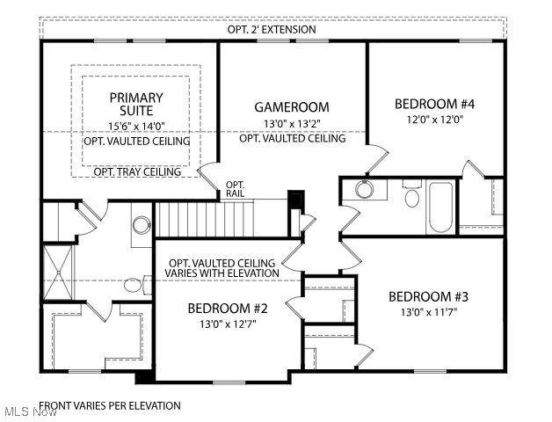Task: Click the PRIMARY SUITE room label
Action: point(136,104)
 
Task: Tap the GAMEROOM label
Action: point(292,107)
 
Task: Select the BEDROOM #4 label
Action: point(434,105)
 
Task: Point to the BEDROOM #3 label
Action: point(428,296)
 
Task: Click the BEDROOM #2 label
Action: point(228,309)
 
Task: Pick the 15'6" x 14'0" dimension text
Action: point(136,126)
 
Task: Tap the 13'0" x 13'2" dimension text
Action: point(292,124)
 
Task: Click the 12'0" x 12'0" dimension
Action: point(434,120)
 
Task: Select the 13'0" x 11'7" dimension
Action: point(428,312)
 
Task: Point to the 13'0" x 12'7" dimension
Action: point(228,324)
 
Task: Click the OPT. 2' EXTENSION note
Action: point(272,30)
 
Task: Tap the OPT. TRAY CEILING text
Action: point(137,172)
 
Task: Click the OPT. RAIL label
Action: point(236,189)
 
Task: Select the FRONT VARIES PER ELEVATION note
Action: point(110,406)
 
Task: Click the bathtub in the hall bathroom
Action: point(440,207)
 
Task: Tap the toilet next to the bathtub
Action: point(412,193)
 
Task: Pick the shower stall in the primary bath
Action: point(58,272)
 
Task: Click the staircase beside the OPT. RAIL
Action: point(205,218)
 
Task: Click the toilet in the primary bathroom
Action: point(137,285)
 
